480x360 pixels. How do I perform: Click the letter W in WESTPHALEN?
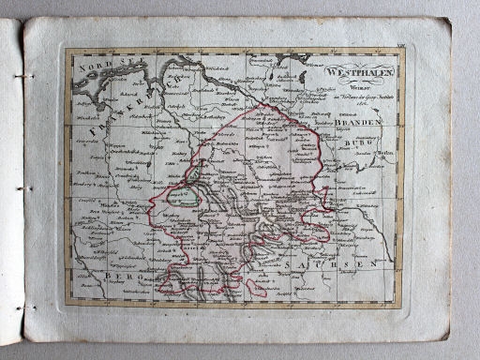pyautogui.click(x=329, y=72)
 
